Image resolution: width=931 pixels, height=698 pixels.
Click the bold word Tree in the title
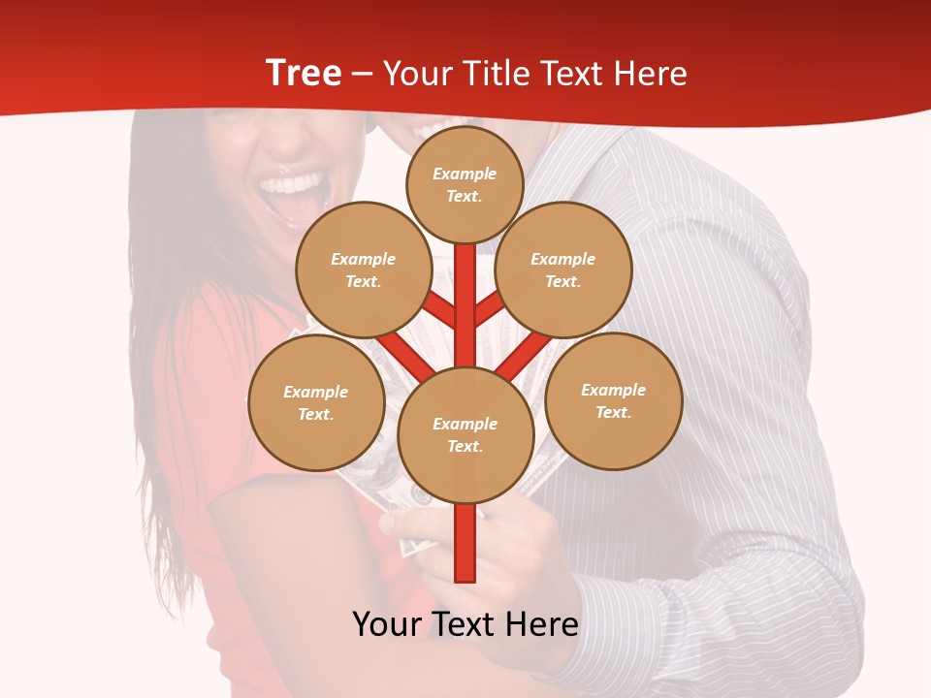[303, 73]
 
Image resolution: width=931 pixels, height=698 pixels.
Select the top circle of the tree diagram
[465, 184]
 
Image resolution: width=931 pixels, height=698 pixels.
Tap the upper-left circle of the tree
[364, 270]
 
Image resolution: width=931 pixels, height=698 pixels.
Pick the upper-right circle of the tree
[563, 270]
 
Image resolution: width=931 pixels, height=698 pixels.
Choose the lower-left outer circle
[316, 403]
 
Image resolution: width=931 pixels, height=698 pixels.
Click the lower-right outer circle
[614, 401]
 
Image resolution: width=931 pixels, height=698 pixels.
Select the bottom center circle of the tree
[465, 435]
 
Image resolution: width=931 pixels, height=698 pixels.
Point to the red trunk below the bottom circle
[465, 543]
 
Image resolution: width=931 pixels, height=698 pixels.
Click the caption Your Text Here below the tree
[465, 624]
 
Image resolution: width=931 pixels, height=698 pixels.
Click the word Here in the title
[652, 74]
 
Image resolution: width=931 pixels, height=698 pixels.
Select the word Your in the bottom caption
[386, 624]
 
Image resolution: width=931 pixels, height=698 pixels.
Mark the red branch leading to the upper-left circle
[439, 307]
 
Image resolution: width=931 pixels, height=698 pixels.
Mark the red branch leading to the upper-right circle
[490, 307]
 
